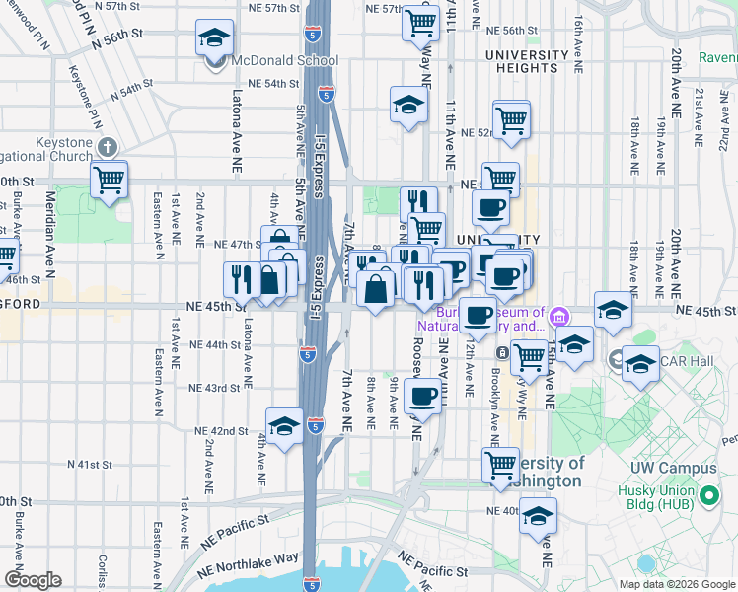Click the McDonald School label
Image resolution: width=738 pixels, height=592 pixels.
pos(285,60)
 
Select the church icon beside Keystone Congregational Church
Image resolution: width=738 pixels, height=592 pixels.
pos(108,147)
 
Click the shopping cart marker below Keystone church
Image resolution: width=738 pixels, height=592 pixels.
pos(109,181)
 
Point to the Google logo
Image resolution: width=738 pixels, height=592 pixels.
pos(33,579)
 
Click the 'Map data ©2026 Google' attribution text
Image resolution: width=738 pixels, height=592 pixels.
pos(677,584)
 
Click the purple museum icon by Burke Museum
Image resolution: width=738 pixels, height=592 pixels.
pos(561,318)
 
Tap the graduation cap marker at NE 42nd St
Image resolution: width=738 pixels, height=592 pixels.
pos(284,426)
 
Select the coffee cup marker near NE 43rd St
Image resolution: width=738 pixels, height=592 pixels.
pos(422,398)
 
